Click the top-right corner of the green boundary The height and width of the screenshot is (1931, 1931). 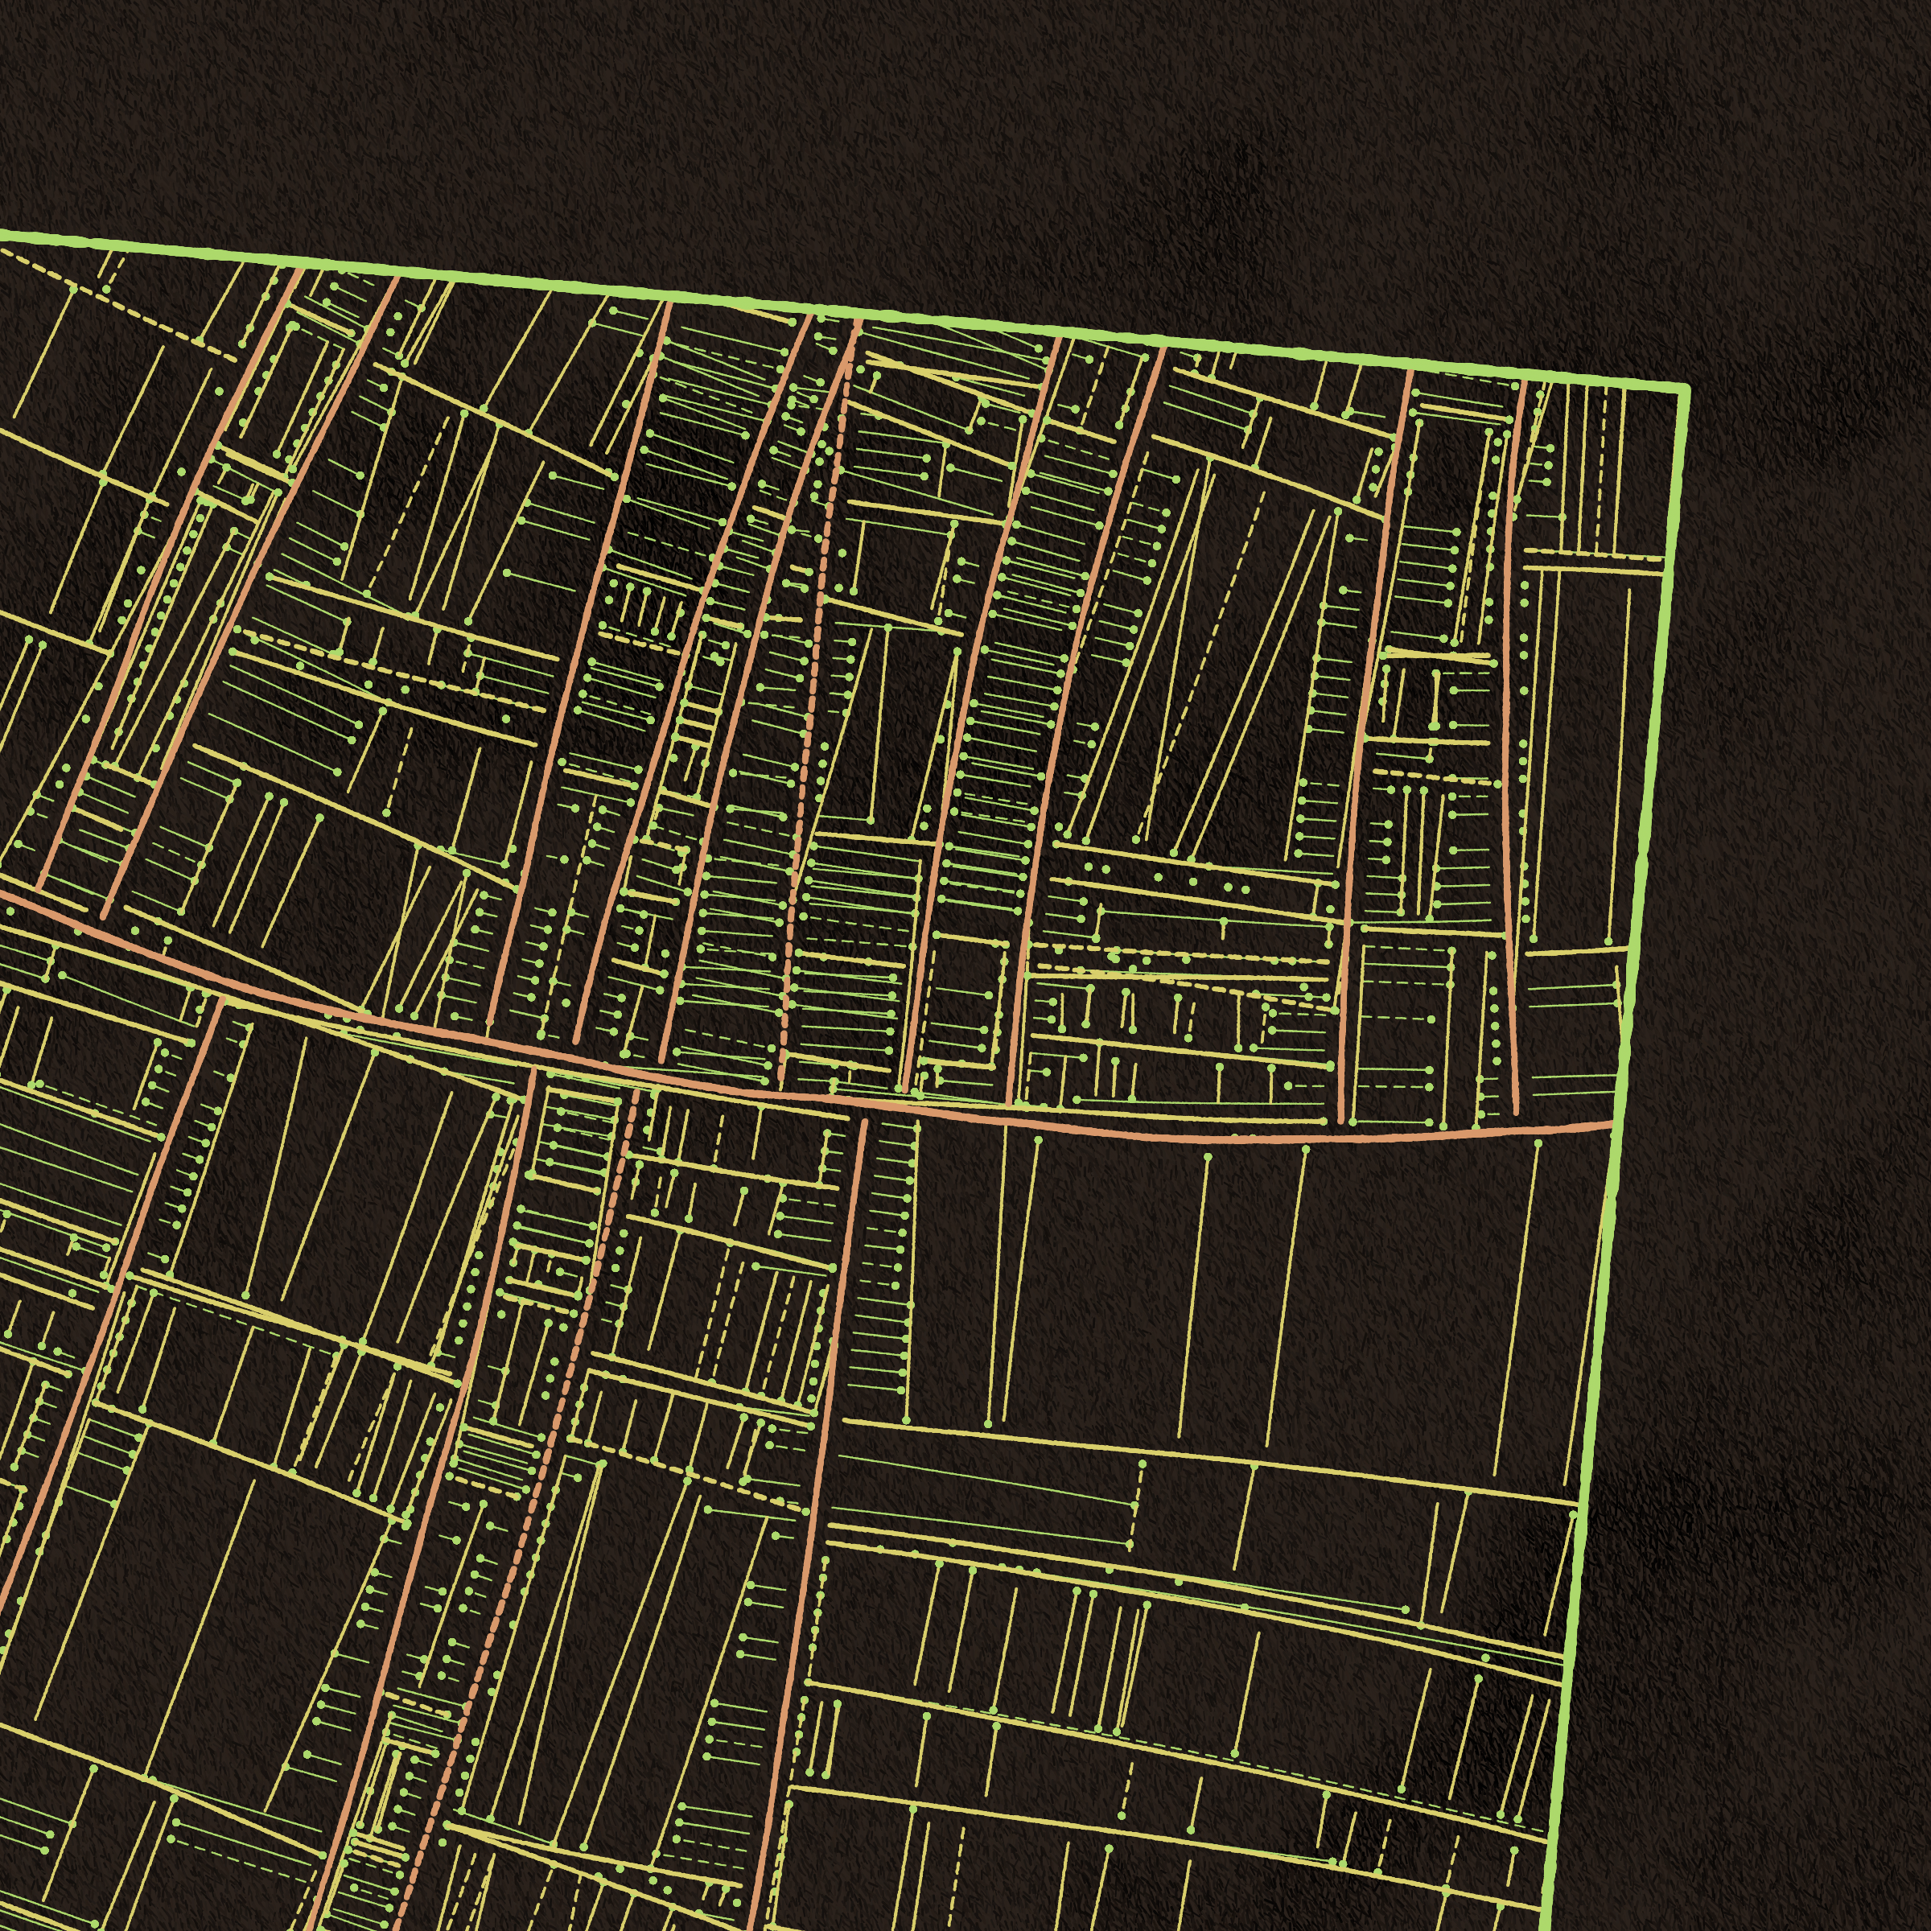[x=1685, y=388]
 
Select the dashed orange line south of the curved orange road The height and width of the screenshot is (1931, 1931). [x=560, y=1399]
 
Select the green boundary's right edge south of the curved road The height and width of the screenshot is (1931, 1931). [x=1589, y=1499]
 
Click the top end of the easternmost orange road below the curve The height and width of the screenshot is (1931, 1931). [x=863, y=1122]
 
